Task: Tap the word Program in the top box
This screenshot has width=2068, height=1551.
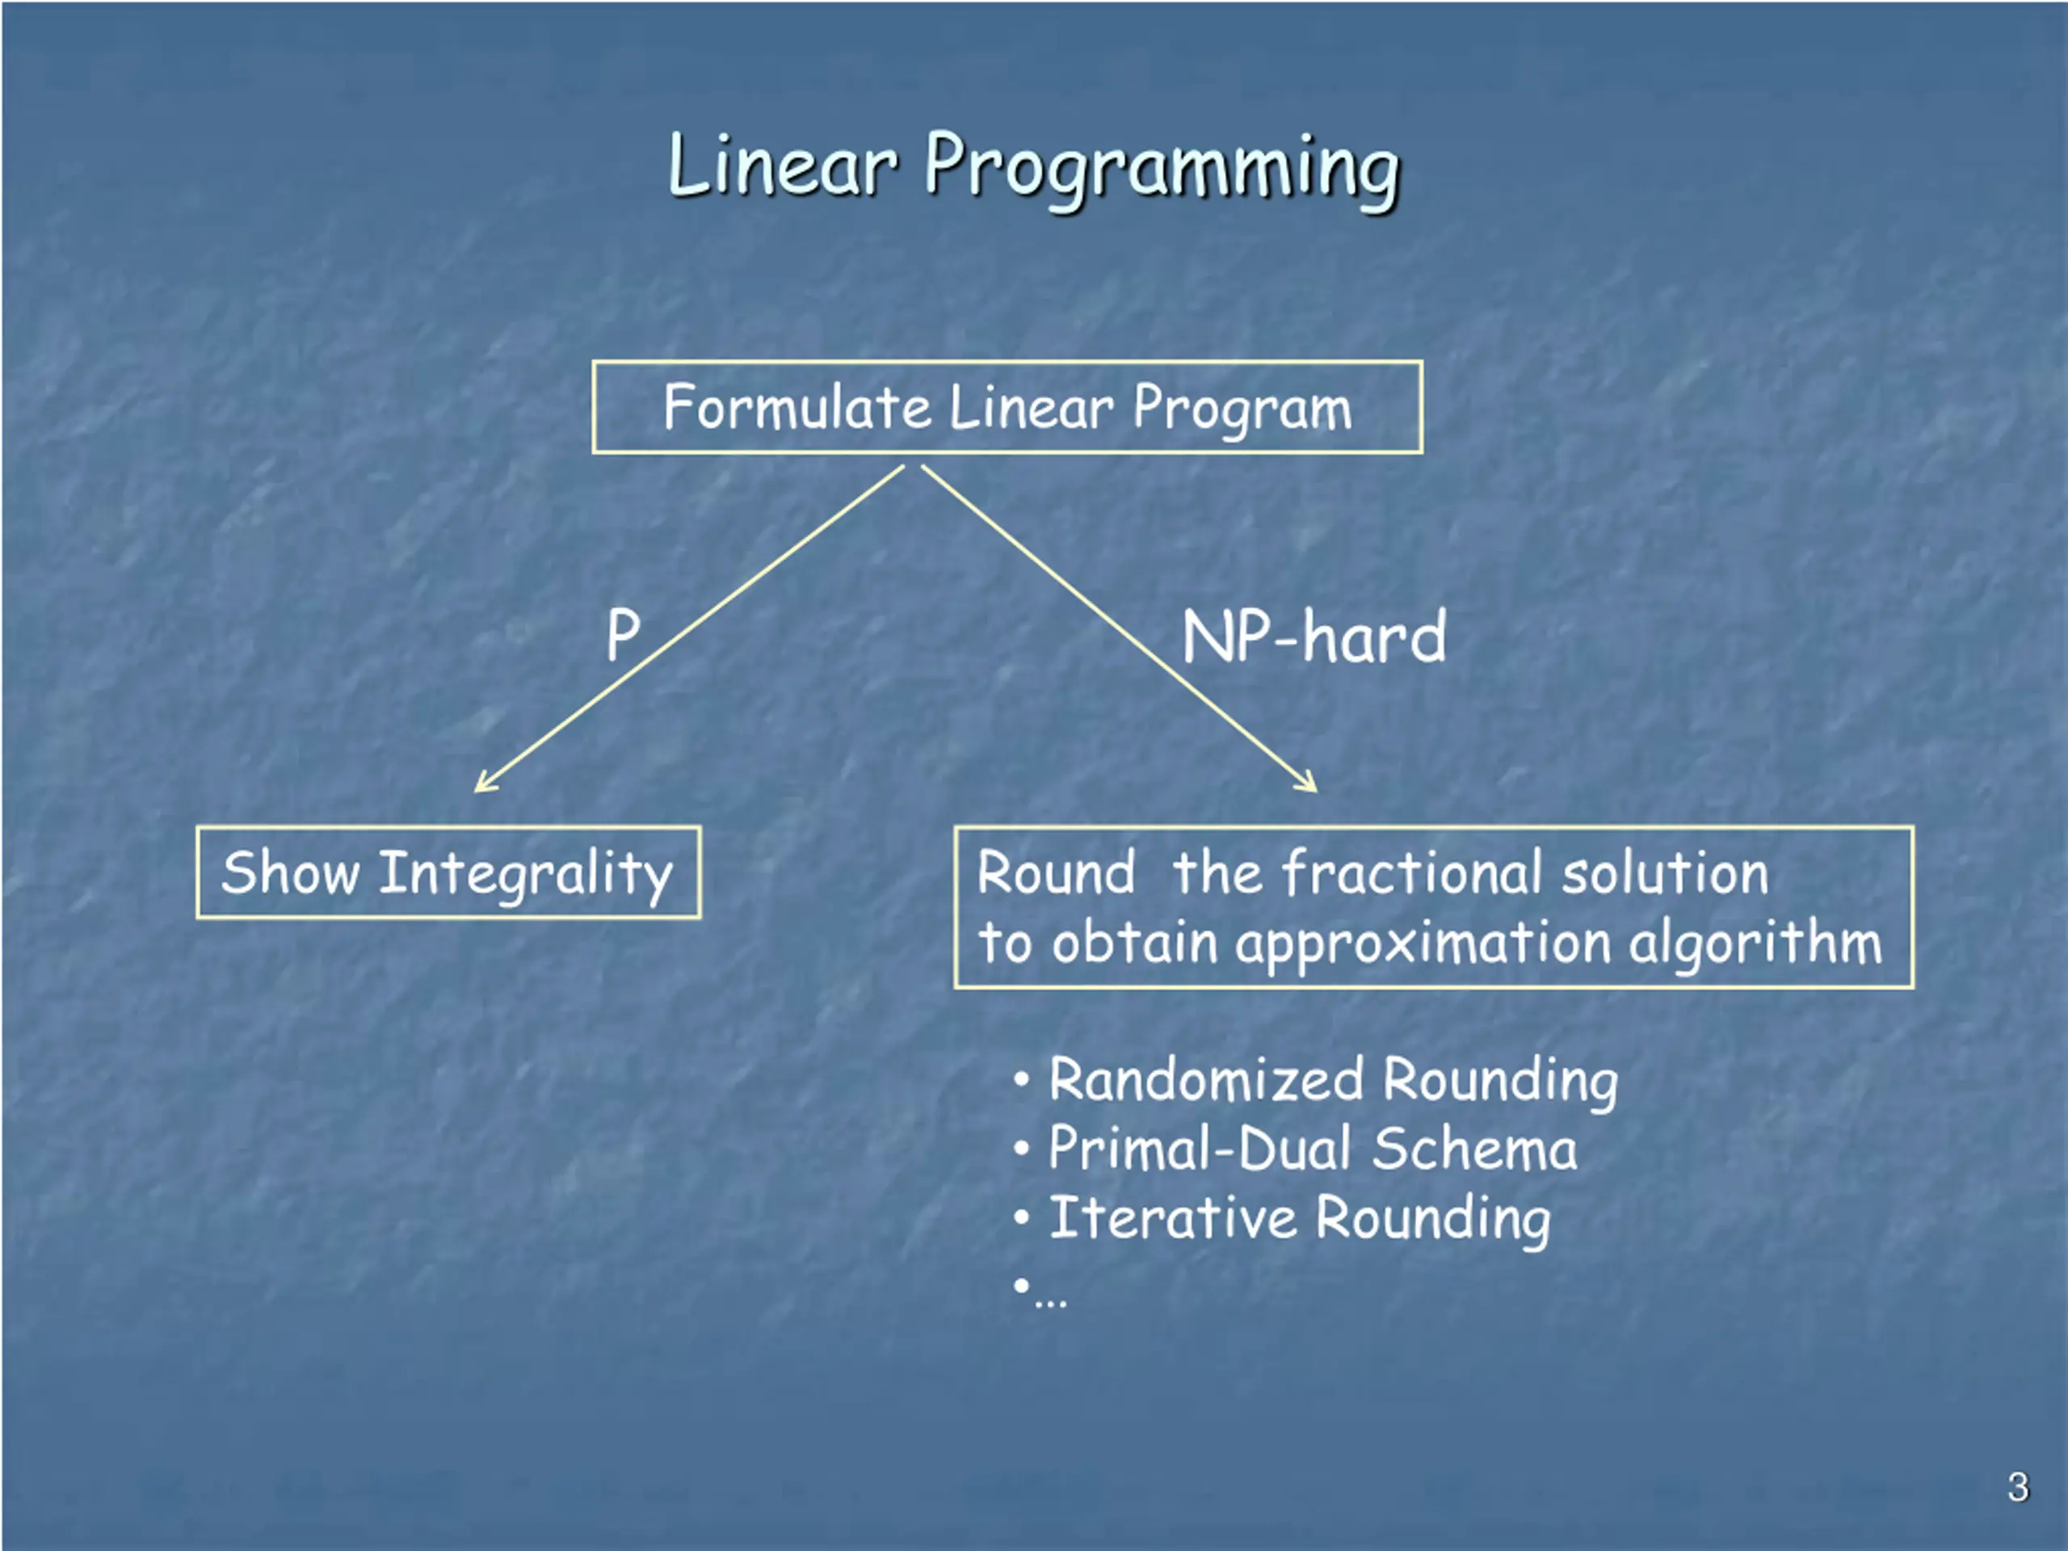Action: click(1242, 410)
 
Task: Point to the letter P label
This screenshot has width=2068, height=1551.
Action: click(623, 635)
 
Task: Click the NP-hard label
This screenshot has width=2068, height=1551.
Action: click(1314, 637)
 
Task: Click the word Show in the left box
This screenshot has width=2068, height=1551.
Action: click(290, 873)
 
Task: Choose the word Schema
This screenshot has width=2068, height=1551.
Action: click(1474, 1149)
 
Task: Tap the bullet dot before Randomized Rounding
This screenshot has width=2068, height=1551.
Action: click(1022, 1081)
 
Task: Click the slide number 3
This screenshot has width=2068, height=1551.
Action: click(2018, 1487)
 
